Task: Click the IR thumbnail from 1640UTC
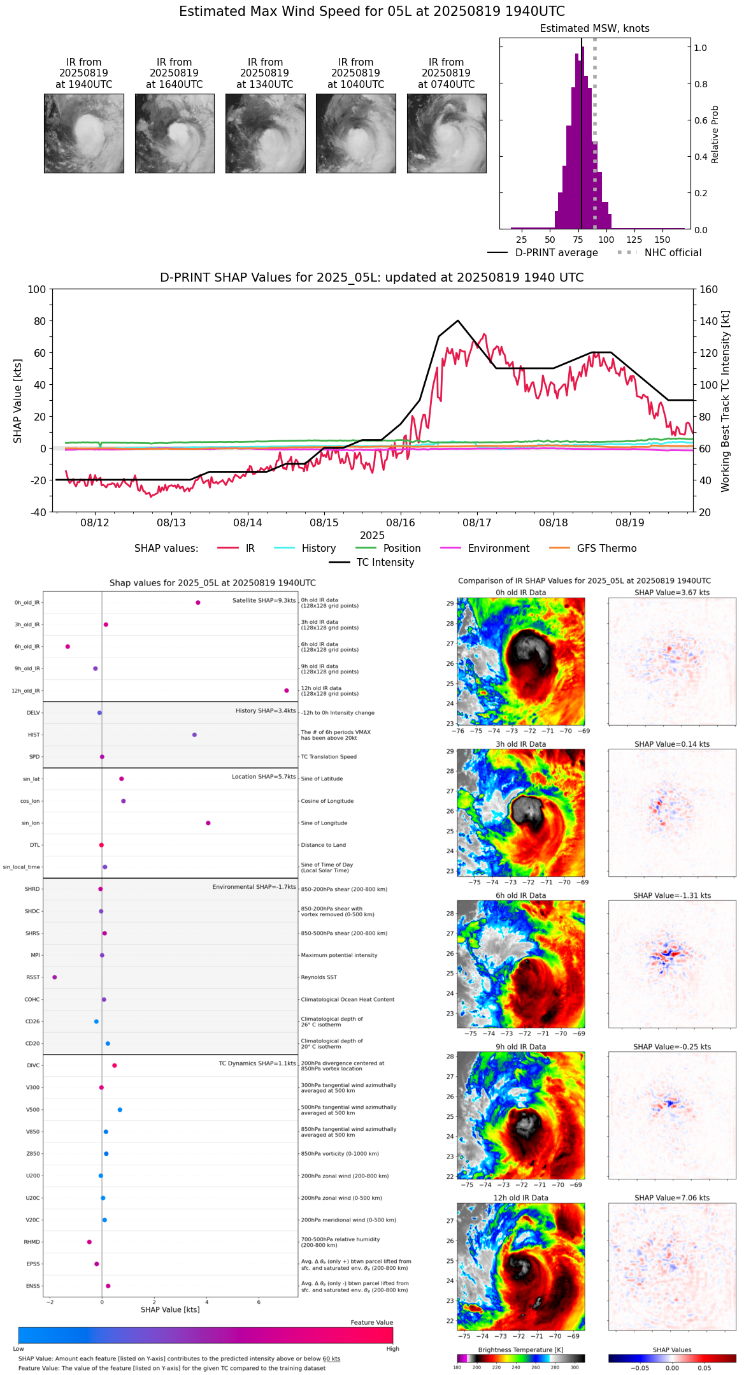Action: [x=175, y=133]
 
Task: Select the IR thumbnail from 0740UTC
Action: [x=447, y=133]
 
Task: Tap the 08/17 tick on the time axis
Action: [x=477, y=522]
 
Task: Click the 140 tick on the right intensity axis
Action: [x=708, y=321]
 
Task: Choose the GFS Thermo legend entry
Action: [x=606, y=549]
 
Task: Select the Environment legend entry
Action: [x=498, y=549]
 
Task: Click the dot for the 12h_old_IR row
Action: [x=287, y=691]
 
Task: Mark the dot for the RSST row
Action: [x=55, y=977]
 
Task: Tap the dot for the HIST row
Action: [x=194, y=735]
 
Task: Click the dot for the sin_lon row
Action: [x=208, y=823]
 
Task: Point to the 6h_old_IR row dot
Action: [x=68, y=647]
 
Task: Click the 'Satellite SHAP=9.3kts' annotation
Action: [x=264, y=601]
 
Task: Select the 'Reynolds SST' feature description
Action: [x=319, y=977]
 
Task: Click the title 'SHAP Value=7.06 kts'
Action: [x=672, y=1198]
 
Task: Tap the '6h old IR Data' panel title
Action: [x=520, y=895]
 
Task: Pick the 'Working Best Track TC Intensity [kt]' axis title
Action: [x=726, y=401]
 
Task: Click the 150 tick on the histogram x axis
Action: [x=662, y=240]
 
